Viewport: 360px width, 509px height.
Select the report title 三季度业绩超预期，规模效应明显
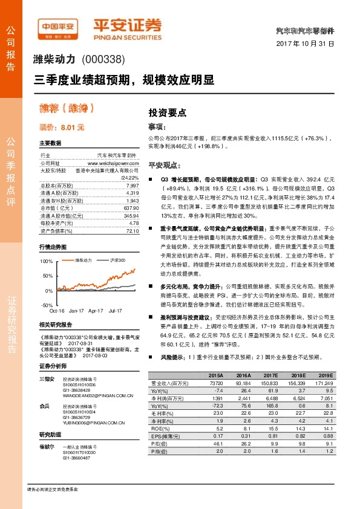click(124, 79)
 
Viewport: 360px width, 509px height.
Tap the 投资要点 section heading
click(167, 112)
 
